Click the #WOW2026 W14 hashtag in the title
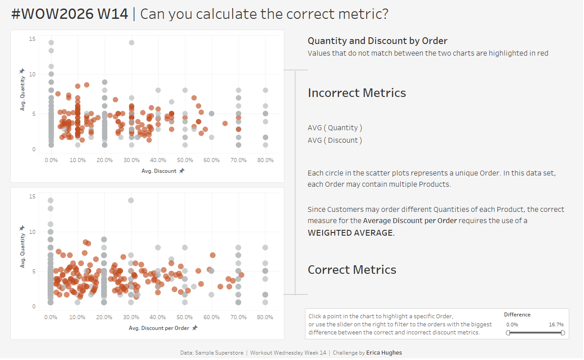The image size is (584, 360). coord(70,14)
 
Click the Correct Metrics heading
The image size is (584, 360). coord(352,270)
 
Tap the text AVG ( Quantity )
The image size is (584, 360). coord(335,128)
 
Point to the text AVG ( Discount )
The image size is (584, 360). coord(335,140)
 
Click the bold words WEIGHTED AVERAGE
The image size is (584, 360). coord(350,233)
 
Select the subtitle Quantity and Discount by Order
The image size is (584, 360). coord(377,41)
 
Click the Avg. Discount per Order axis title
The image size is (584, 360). coord(159,328)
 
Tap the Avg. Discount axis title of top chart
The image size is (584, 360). coord(159,171)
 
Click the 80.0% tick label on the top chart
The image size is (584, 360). coord(265,160)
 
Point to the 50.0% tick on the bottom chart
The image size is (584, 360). coord(185,317)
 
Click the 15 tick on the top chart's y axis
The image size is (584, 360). coord(32,39)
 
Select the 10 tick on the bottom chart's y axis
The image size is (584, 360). coord(32,232)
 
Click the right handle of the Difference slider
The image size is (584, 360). coord(563,333)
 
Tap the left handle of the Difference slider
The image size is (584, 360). coord(508,333)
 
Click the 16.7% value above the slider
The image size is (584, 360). coord(556,325)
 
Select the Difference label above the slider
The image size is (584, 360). coord(517,315)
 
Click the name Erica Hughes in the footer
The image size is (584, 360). coord(384,353)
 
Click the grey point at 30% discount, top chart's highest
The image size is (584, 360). coord(132,43)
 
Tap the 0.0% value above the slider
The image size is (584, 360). coord(512,325)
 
